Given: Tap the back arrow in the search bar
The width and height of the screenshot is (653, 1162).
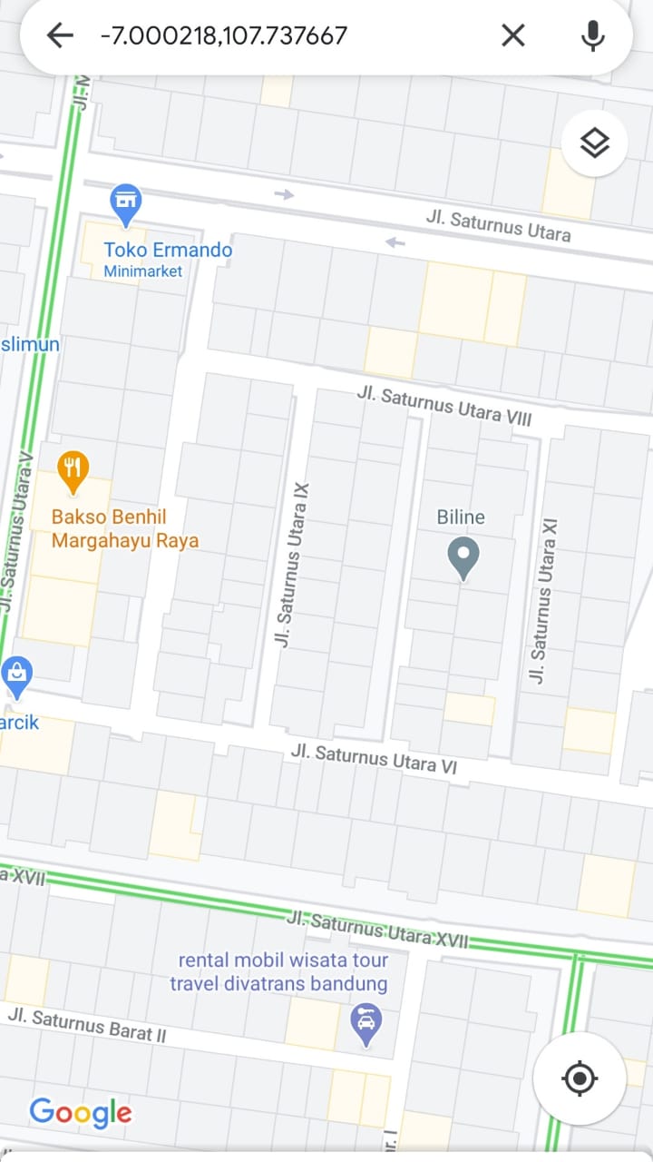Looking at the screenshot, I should tap(60, 36).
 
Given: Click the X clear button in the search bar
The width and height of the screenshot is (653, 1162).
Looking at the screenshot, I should tap(513, 36).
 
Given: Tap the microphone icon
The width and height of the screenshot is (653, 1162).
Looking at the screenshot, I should tap(592, 36).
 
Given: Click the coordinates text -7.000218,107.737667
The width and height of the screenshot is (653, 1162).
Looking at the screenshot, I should tap(223, 36).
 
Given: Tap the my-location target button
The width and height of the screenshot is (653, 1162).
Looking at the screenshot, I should tap(580, 1078).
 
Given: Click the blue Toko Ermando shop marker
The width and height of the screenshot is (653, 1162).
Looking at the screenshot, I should tap(125, 202).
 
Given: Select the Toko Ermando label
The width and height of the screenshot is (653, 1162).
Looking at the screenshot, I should tap(168, 250).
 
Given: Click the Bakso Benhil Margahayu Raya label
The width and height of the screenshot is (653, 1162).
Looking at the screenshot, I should tap(124, 528).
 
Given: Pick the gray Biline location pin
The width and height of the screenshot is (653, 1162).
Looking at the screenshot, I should tap(463, 556).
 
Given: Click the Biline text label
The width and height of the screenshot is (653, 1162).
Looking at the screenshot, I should tap(461, 517).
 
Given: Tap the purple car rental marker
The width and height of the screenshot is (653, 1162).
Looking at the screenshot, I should tap(365, 1023).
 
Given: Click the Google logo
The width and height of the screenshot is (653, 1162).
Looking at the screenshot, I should tap(80, 1113).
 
